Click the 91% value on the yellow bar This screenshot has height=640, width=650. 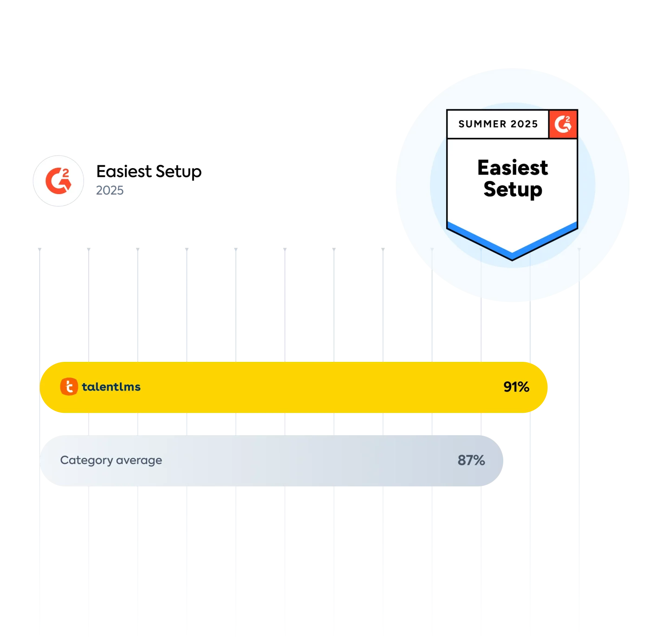tap(516, 387)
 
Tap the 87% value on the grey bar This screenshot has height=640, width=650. tap(471, 460)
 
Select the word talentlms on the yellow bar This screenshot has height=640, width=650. tap(111, 387)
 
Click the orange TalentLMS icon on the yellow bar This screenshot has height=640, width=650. tap(69, 386)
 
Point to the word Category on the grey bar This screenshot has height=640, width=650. tap(86, 460)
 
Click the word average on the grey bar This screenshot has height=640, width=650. tap(139, 460)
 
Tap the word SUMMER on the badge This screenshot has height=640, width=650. tap(482, 124)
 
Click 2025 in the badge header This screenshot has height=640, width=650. tap(524, 124)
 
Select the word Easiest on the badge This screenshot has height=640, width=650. tap(513, 168)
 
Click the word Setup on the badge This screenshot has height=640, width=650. tap(513, 189)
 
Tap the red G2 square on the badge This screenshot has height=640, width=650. tap(563, 124)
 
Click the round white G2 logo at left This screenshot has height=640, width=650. tap(58, 180)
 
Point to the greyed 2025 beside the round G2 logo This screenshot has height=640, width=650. tap(110, 189)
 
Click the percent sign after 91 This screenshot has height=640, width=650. tap(523, 387)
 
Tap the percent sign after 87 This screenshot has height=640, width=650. tap(479, 460)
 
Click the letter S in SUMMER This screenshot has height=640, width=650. tap(461, 124)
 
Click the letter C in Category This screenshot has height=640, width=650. tap(64, 460)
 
